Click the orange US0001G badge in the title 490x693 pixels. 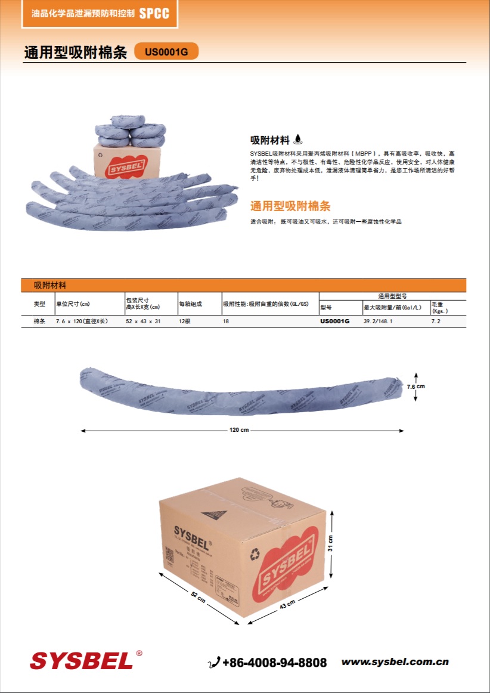point(166,52)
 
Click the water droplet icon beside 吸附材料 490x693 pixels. point(298,140)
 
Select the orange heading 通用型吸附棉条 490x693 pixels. point(290,206)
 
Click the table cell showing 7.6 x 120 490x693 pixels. point(82,321)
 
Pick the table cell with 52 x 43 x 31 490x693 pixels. point(143,321)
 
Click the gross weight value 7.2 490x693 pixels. point(436,321)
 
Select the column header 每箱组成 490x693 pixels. point(191,304)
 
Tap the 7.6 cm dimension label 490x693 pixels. point(416,386)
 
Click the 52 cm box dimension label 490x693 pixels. point(199,598)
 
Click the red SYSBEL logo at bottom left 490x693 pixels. point(82,661)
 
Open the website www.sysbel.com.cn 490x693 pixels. point(395,662)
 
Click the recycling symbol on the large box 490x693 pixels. point(255,555)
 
